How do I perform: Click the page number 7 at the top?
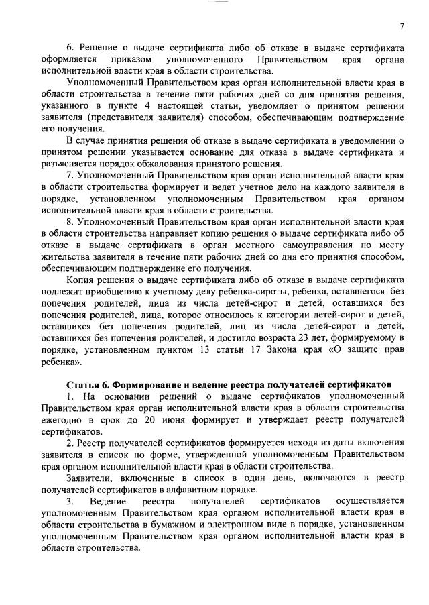(x=402, y=26)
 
